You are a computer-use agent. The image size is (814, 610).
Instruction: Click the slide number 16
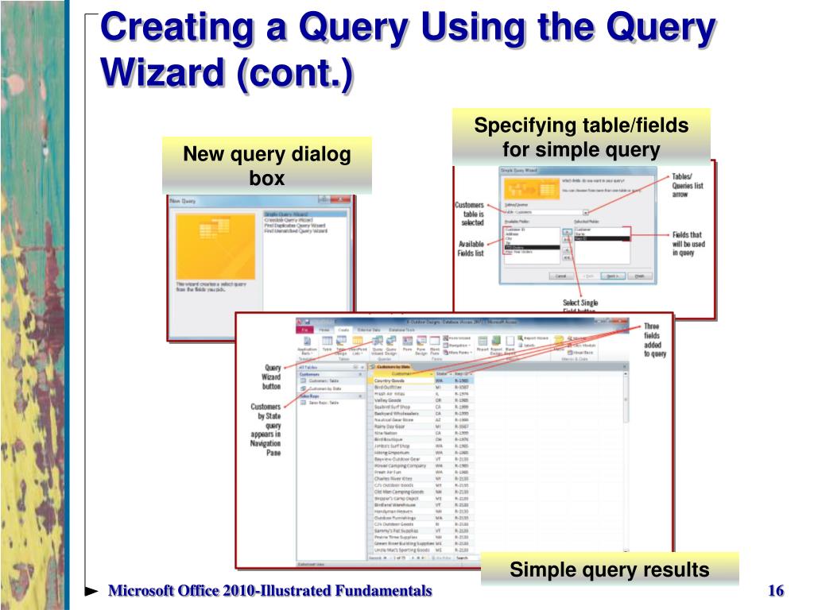(776, 590)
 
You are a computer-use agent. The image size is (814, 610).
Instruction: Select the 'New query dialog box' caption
(267, 166)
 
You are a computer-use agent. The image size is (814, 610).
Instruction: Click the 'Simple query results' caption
(609, 569)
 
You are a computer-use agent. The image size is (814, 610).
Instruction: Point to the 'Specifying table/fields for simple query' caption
(581, 137)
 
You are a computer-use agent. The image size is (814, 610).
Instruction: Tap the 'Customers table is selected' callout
(469, 215)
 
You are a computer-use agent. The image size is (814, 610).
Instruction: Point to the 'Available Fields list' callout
(471, 249)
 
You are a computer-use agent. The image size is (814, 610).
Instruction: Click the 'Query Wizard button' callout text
(271, 377)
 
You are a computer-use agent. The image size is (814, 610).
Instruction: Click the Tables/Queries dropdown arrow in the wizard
(586, 212)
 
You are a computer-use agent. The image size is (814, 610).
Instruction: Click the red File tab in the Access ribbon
(304, 330)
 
